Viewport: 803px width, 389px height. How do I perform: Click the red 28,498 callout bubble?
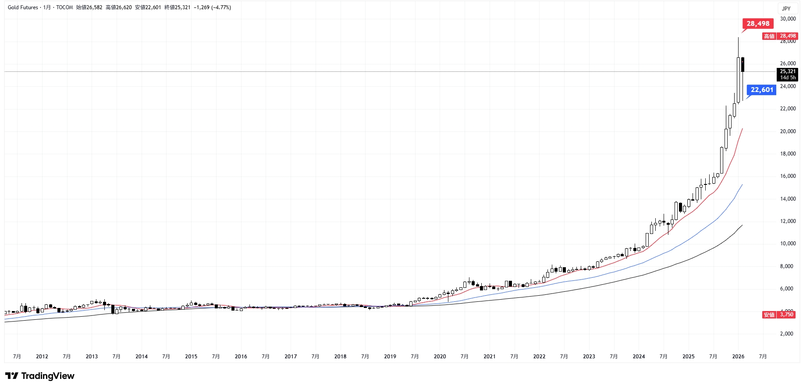click(x=758, y=24)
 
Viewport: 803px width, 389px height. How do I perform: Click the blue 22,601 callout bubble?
click(x=762, y=90)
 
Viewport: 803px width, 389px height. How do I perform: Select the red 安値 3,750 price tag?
click(x=779, y=315)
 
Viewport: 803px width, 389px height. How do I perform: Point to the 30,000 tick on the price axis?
click(x=788, y=19)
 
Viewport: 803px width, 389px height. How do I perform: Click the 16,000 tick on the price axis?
click(x=788, y=176)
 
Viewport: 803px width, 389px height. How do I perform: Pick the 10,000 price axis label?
click(x=788, y=244)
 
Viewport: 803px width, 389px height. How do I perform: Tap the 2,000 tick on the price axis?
click(x=788, y=334)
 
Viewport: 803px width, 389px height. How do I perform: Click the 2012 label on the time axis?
click(x=42, y=357)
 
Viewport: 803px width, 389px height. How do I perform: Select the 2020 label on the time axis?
click(x=440, y=357)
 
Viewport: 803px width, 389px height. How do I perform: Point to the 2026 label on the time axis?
click(x=738, y=357)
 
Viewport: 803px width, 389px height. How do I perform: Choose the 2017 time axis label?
click(x=291, y=357)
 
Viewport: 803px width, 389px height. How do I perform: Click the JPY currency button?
click(x=786, y=8)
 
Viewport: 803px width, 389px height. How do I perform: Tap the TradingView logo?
click(x=40, y=376)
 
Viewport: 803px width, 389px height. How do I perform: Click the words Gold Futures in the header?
click(x=23, y=7)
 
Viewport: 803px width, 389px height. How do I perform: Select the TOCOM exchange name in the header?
click(x=64, y=7)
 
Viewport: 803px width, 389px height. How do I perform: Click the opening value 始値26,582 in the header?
click(x=89, y=7)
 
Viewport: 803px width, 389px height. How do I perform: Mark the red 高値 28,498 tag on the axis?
click(x=779, y=36)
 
